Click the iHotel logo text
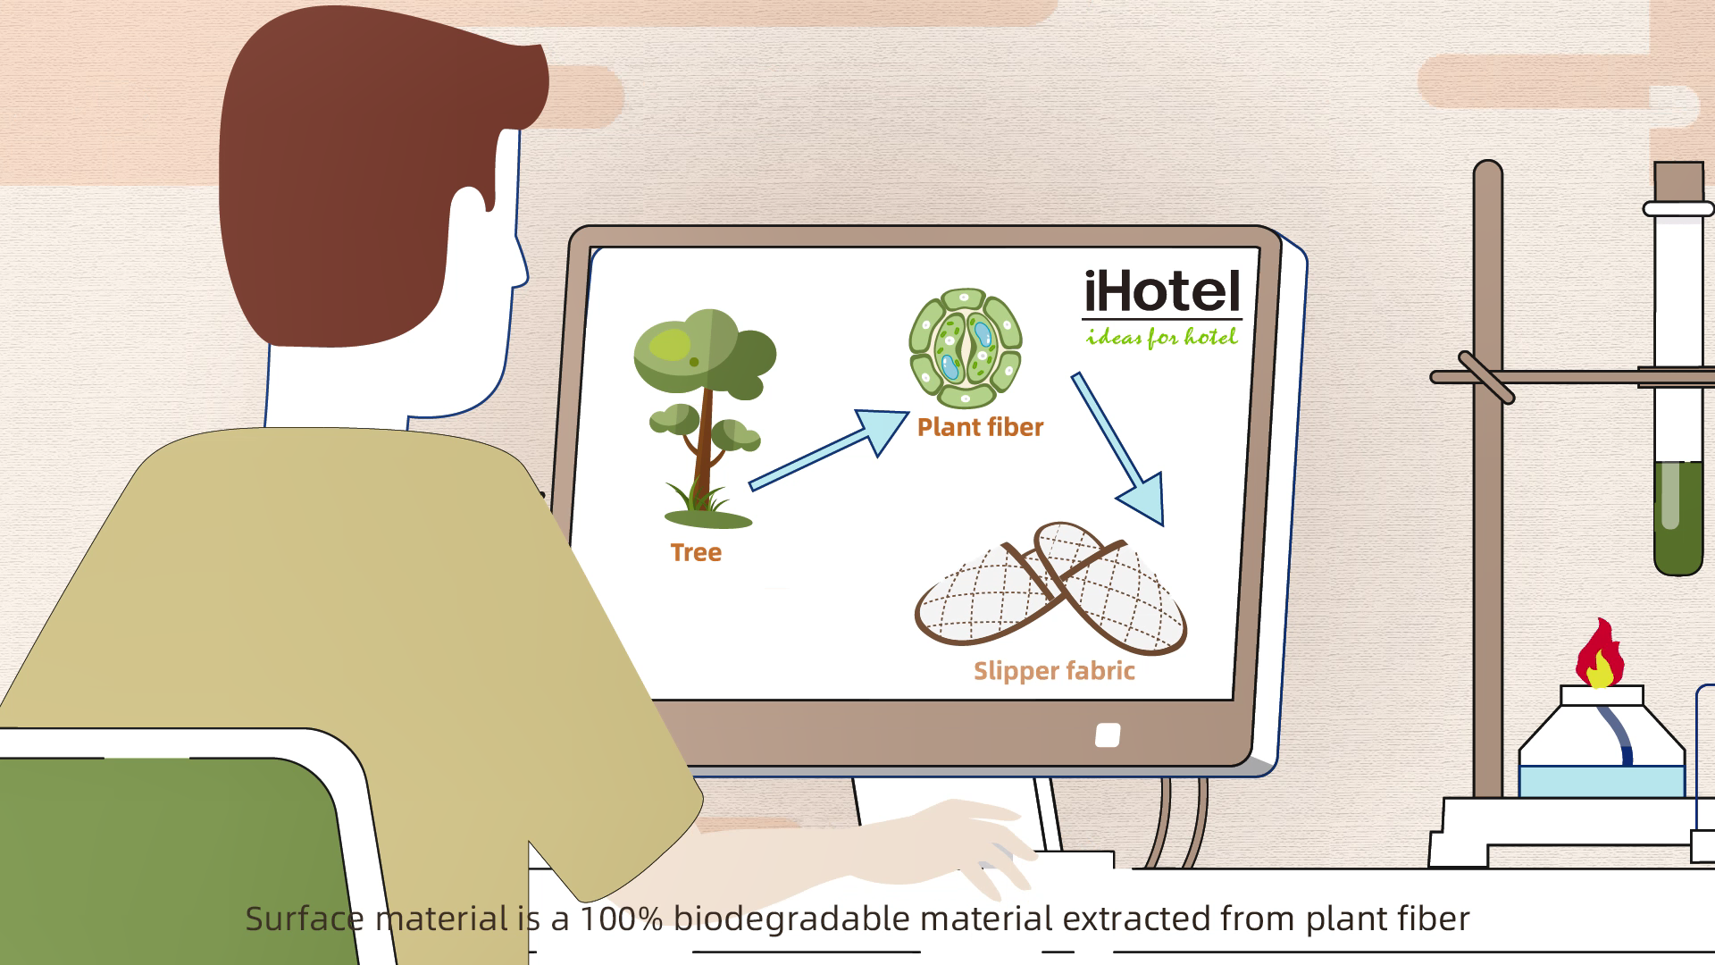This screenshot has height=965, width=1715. pyautogui.click(x=1161, y=292)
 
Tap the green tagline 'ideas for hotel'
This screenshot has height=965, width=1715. pyautogui.click(x=1161, y=338)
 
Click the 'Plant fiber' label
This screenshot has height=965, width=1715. pyautogui.click(x=980, y=428)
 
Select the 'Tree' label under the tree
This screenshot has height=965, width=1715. pyautogui.click(x=696, y=553)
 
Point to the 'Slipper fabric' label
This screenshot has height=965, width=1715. pyautogui.click(x=1054, y=672)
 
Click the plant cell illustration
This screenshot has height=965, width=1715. pyautogui.click(x=965, y=348)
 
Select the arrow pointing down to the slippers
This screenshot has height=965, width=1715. pyautogui.click(x=1117, y=447)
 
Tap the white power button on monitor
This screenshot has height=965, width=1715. pyautogui.click(x=1108, y=735)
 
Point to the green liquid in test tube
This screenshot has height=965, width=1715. pyautogui.click(x=1677, y=518)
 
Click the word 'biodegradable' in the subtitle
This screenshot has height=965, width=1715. pyautogui.click(x=791, y=919)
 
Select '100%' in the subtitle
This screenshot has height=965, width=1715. pyautogui.click(x=621, y=919)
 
